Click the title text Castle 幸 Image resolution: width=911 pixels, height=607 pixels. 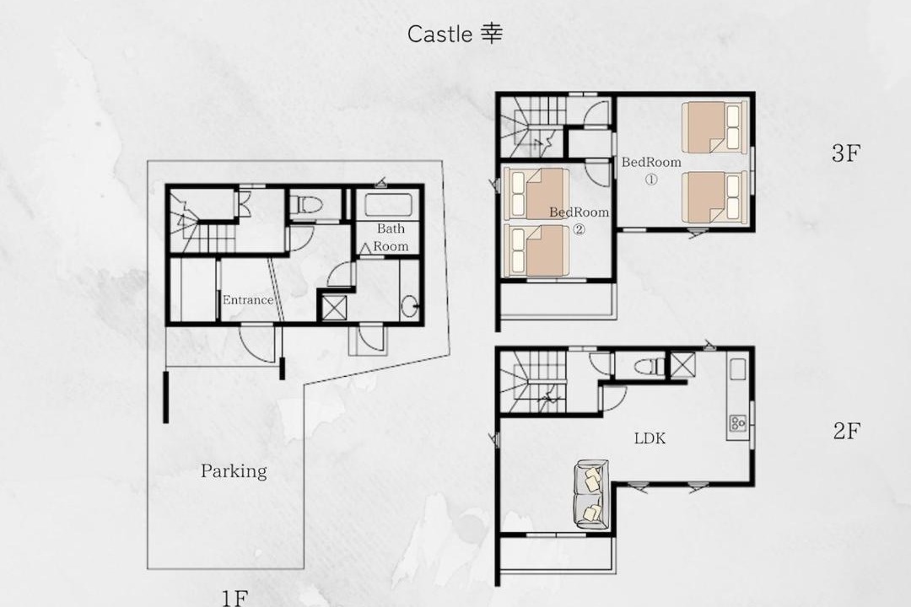click(x=455, y=35)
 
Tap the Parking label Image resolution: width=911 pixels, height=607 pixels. click(x=234, y=471)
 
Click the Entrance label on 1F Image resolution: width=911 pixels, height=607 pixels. click(x=248, y=300)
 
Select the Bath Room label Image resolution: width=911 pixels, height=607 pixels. click(x=391, y=237)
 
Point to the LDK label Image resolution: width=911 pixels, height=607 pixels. click(x=650, y=438)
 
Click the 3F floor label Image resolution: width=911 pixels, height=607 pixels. click(x=845, y=153)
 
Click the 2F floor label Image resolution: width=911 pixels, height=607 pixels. click(x=846, y=431)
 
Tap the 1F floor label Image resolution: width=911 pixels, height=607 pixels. click(x=234, y=598)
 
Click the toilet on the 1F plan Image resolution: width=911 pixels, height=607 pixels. click(x=306, y=205)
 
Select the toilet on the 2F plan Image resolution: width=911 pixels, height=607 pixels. click(x=649, y=367)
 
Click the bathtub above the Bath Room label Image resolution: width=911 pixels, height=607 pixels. click(x=388, y=205)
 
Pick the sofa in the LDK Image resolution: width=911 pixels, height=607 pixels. click(x=591, y=495)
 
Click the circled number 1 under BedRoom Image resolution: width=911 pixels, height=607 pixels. click(x=651, y=180)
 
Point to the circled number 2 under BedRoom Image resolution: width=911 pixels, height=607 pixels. click(x=579, y=229)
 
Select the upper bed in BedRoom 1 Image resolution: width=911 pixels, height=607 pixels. click(x=714, y=127)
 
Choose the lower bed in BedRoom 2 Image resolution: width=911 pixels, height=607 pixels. click(x=536, y=251)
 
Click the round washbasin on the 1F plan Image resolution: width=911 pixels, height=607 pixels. click(x=410, y=305)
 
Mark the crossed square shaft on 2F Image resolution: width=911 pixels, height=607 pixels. click(x=682, y=365)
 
